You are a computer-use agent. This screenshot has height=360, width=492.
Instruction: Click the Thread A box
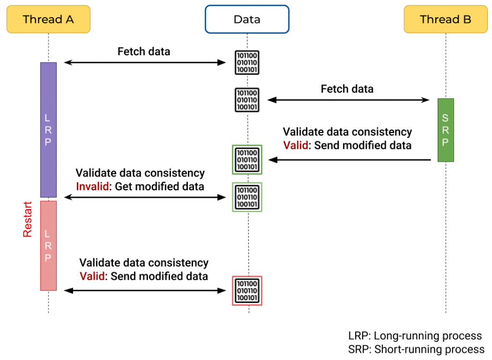(x=48, y=19)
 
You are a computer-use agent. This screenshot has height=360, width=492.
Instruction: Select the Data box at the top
(x=247, y=19)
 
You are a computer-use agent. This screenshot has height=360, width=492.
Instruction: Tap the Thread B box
(x=445, y=19)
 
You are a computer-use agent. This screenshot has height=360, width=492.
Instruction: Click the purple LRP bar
(x=48, y=130)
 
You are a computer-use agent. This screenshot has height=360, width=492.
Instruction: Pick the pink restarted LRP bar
(x=48, y=245)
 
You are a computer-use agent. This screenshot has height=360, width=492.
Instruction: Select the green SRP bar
(x=445, y=130)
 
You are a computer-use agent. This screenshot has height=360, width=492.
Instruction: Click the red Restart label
(x=27, y=219)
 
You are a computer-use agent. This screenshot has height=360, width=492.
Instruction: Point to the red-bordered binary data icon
(x=247, y=291)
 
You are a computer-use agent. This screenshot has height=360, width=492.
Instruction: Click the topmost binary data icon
(x=247, y=62)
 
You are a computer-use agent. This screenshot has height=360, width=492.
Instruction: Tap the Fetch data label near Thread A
(x=144, y=51)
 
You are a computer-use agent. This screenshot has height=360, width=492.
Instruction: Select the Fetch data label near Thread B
(x=347, y=89)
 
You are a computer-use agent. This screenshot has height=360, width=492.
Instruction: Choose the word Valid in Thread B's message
(x=295, y=145)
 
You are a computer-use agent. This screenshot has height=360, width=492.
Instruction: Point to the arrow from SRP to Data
(x=349, y=160)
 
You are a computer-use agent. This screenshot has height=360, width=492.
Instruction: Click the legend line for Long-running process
(x=415, y=336)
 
